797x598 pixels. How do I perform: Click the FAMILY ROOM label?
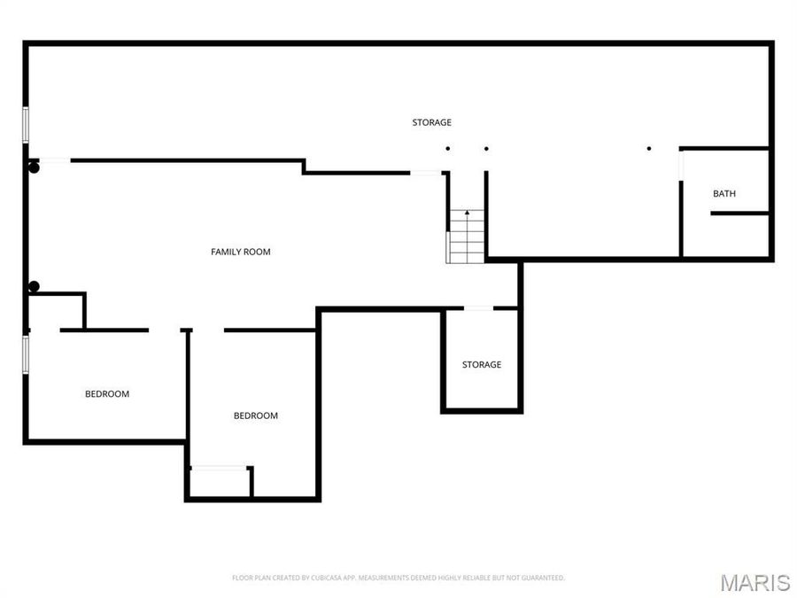240,252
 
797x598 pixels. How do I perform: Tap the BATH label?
723,194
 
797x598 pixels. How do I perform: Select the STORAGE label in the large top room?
431,122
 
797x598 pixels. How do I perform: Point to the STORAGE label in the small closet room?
481,365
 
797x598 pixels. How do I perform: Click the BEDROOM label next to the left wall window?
107,394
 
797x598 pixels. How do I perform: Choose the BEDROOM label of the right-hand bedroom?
255,416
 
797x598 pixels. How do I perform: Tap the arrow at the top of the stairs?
467,214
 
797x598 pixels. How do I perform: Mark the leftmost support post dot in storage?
448,148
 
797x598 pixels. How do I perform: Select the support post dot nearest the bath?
648,148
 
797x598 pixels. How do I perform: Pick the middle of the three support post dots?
486,148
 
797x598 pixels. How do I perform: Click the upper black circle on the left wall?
34,167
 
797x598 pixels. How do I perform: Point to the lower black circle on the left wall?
34,286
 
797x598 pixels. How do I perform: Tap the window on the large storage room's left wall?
26,123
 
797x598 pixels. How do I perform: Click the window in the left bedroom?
26,351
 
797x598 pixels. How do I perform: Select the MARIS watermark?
754,582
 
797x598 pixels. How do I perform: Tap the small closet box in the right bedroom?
220,482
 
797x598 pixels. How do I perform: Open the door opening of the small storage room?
478,308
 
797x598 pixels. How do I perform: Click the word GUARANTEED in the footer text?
540,579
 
